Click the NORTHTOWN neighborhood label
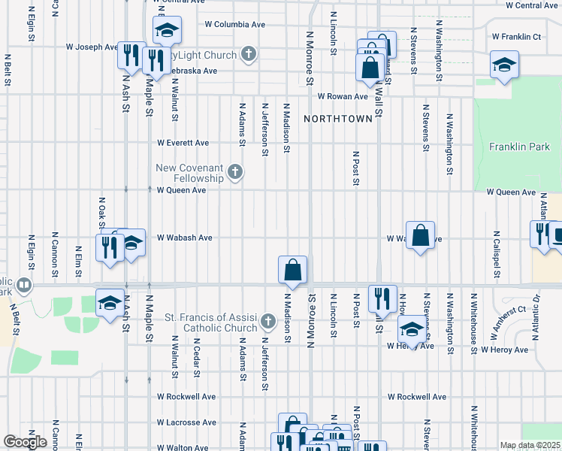tap(337, 120)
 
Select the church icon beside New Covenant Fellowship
tap(235, 173)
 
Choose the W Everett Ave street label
tap(183, 143)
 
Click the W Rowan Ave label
tap(342, 96)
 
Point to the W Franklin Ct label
tap(515, 36)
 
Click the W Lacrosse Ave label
tap(187, 423)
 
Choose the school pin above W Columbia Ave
tap(167, 30)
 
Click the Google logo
tap(26, 442)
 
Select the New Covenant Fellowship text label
tap(190, 173)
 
